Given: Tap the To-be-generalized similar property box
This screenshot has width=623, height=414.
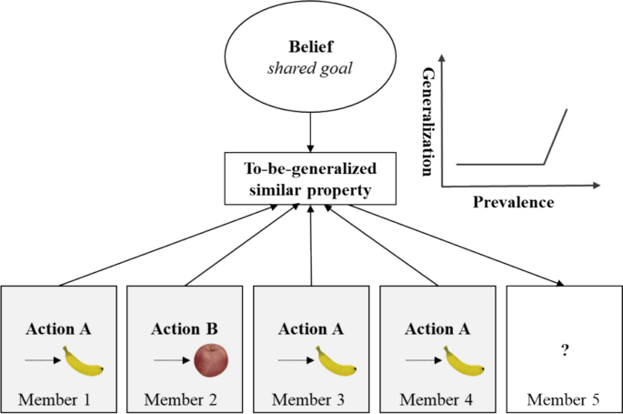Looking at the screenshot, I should tap(311, 179).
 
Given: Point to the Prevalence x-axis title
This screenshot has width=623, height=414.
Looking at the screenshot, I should tap(513, 202).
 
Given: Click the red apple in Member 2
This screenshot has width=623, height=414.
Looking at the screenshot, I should tap(211, 361).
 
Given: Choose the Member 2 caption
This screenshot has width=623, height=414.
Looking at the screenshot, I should tap(185, 399).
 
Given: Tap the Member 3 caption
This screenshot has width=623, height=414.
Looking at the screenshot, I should tap(311, 399).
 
